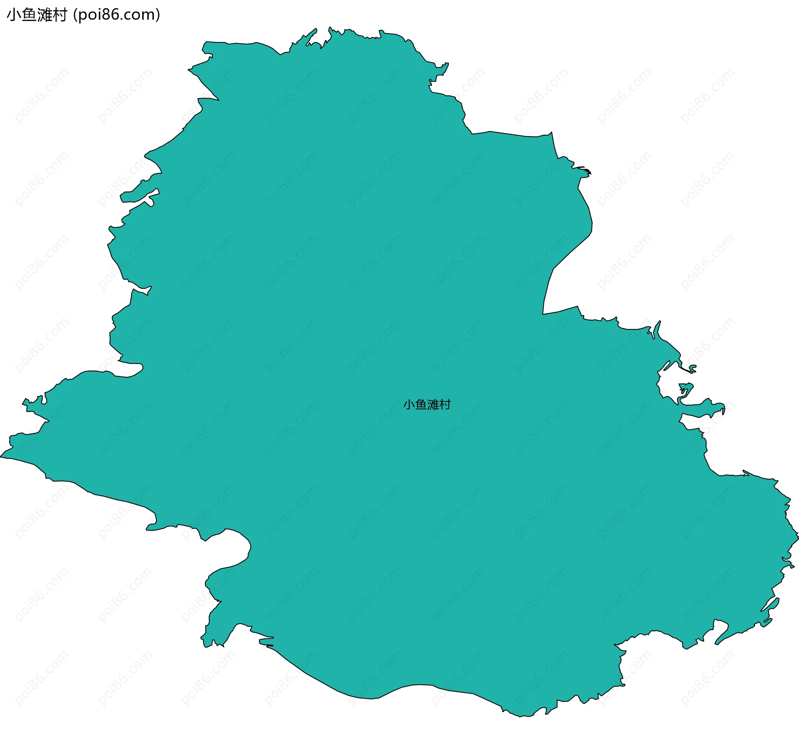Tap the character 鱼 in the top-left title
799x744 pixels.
tap(28, 15)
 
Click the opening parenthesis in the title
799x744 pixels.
tap(75, 15)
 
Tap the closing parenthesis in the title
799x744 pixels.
tap(158, 15)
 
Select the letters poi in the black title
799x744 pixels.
tap(89, 15)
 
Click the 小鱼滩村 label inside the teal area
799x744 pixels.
tap(427, 405)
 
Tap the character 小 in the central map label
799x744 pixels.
tap(409, 405)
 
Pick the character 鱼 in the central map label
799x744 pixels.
tap(421, 405)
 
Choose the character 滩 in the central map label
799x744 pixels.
tap(433, 405)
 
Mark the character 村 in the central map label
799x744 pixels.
tap(445, 405)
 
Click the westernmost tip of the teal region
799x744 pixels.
tap(1, 457)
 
